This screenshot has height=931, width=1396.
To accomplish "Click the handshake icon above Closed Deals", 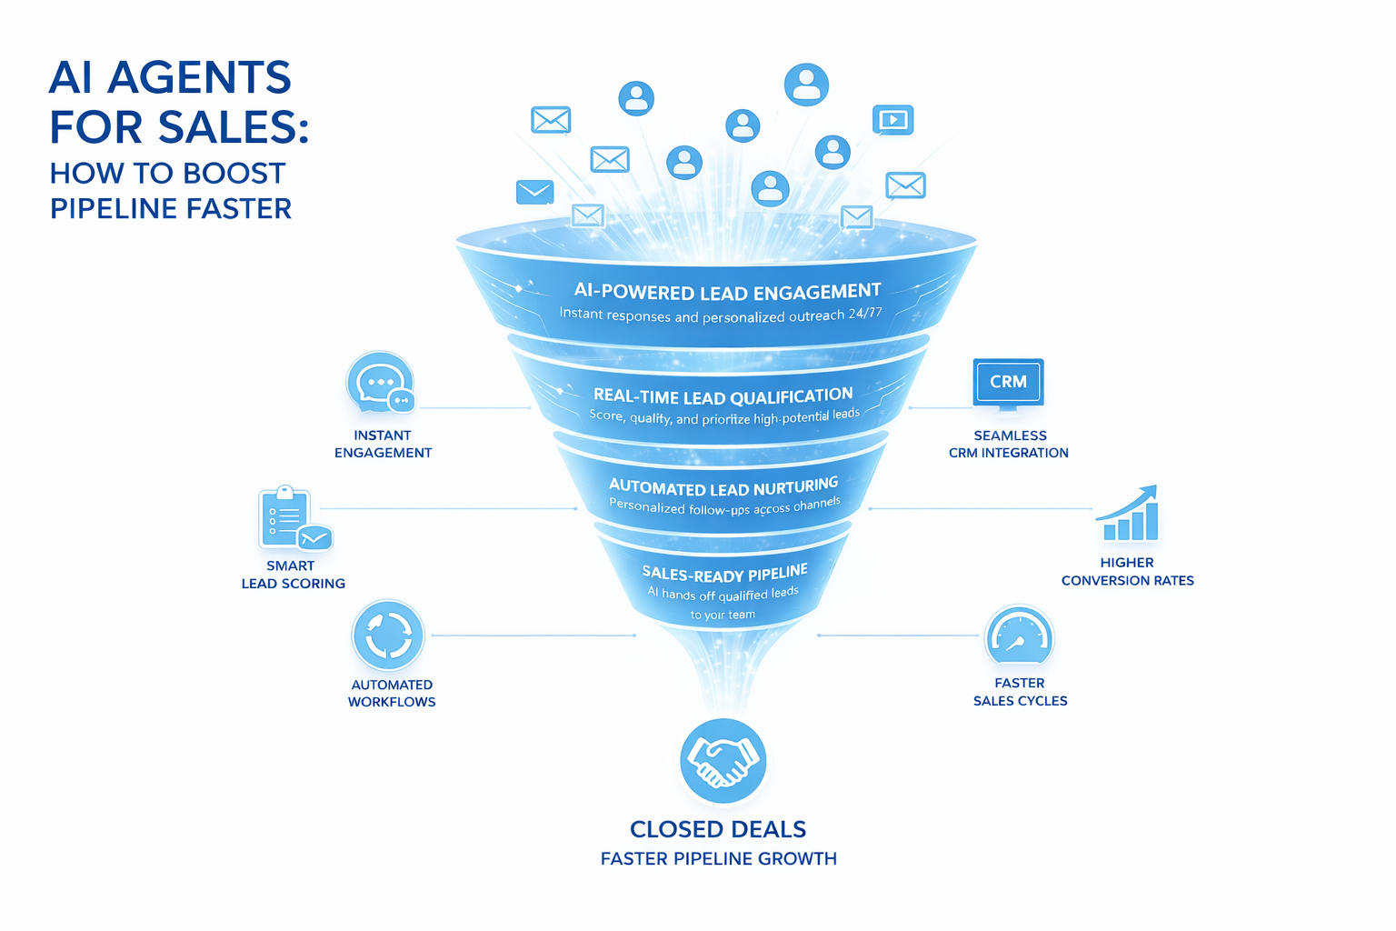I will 723,761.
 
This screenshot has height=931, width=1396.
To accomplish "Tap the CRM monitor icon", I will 1008,383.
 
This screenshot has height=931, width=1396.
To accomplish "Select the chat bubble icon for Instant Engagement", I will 380,383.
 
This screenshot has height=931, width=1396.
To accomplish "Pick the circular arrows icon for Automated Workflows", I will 388,635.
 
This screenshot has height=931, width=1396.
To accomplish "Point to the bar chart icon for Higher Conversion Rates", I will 1128,515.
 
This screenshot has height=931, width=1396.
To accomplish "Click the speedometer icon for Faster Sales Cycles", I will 1019,636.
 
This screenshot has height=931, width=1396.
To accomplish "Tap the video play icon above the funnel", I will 892,120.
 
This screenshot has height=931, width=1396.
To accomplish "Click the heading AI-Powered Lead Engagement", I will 727,292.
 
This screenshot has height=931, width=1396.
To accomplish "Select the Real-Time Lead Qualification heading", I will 723,396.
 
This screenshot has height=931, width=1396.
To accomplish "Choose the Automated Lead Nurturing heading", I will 723,486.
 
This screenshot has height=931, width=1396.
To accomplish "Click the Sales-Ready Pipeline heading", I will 724,574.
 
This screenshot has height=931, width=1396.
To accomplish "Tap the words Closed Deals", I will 718,829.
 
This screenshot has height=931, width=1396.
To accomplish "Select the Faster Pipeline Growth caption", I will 718,858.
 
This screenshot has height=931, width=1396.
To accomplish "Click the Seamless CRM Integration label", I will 1009,444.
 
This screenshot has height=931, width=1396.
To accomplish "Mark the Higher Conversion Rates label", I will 1127,571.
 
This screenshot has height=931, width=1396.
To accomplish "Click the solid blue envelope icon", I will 534,192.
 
